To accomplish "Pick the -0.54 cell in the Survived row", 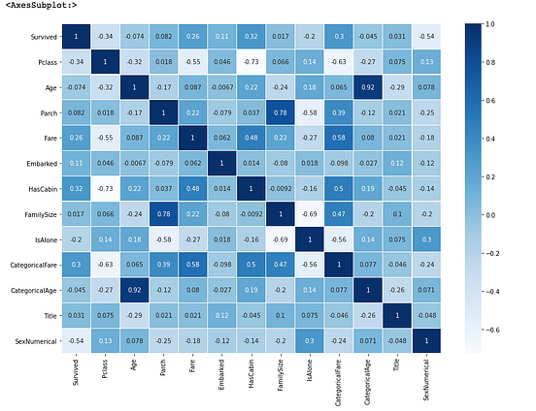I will pos(427,36).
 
